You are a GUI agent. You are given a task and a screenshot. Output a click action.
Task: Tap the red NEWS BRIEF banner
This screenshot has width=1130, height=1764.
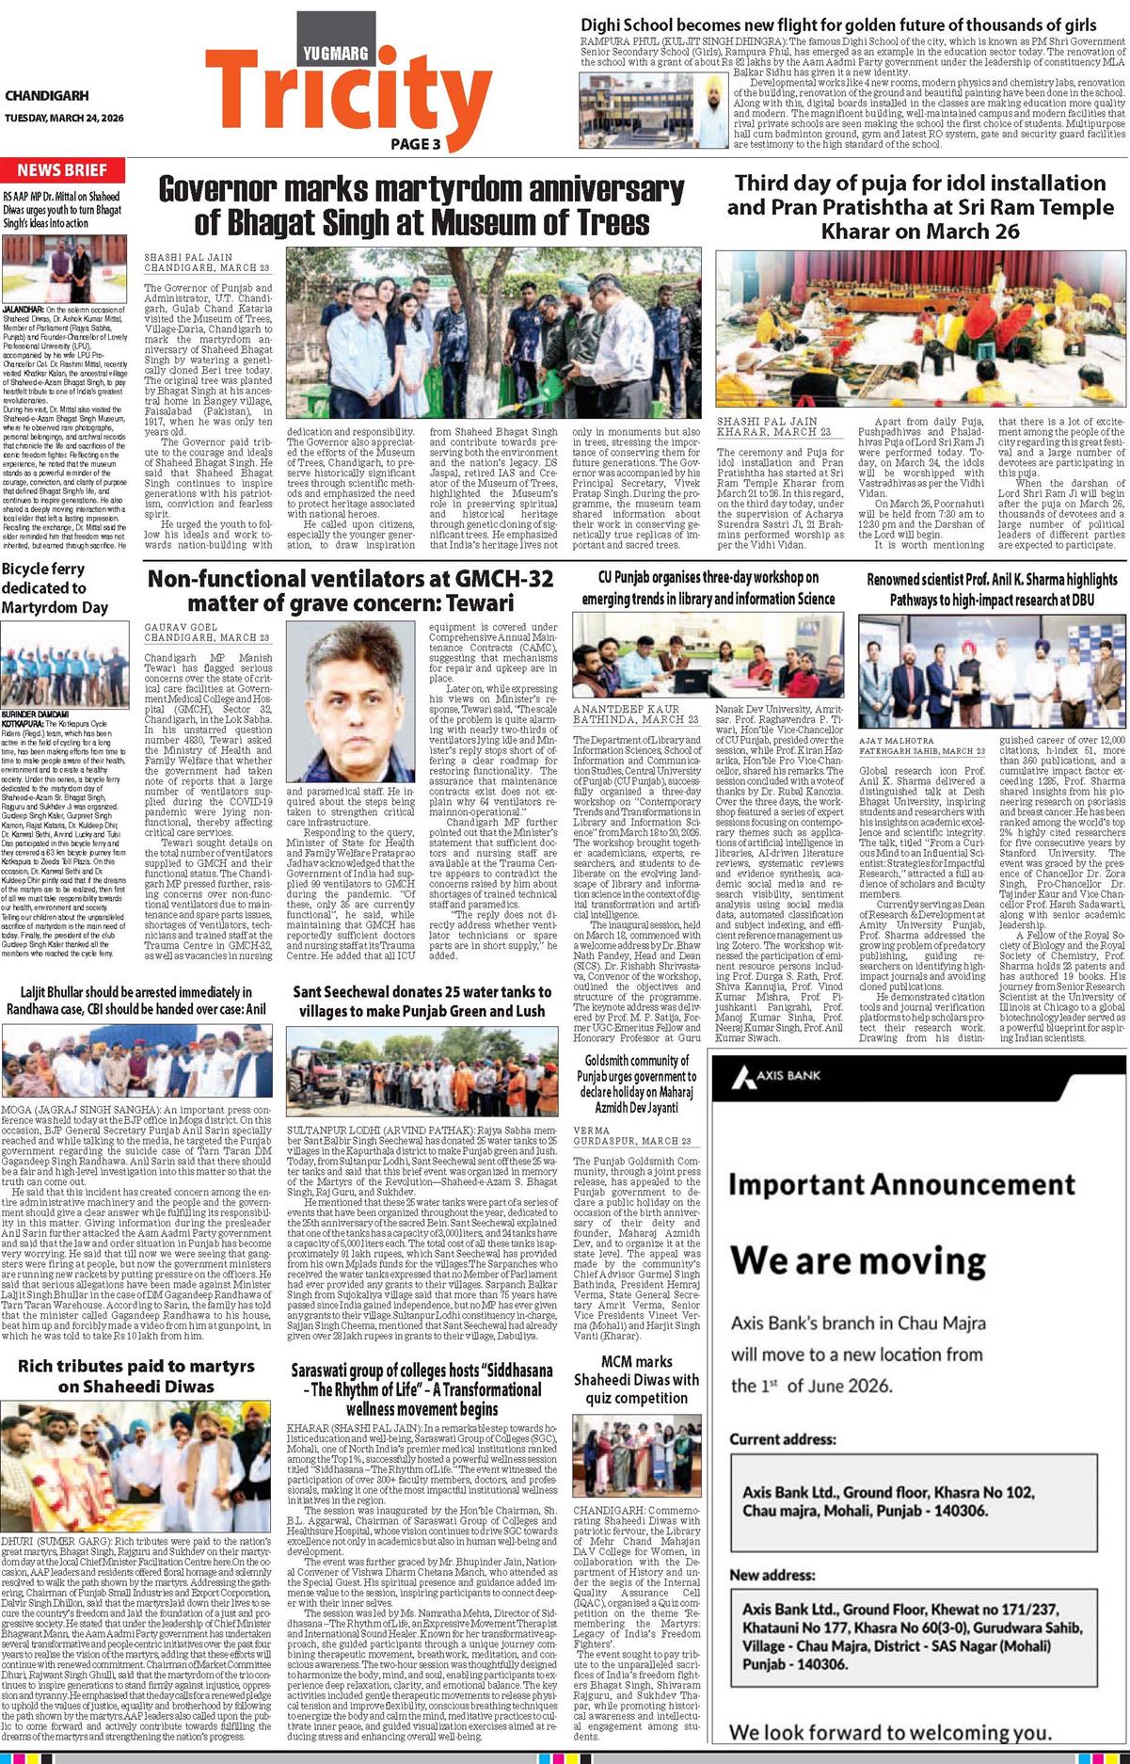[62, 170]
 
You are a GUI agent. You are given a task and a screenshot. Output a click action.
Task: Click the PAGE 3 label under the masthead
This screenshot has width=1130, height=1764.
[415, 144]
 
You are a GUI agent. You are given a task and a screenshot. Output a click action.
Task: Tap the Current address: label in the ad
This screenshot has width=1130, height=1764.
[782, 1439]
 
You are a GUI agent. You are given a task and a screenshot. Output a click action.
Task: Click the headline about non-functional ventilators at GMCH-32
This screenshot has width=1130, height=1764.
[350, 590]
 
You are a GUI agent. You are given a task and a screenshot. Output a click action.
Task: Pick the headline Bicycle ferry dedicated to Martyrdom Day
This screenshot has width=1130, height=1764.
[55, 588]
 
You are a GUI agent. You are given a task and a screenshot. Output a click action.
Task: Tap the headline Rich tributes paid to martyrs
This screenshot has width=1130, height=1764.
[135, 1375]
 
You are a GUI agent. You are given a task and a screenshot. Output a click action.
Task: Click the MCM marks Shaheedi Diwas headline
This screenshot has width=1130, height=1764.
[636, 1379]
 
